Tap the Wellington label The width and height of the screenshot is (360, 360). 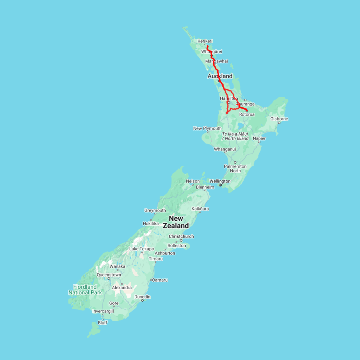pos(220,181)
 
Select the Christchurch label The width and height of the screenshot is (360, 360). pos(181,236)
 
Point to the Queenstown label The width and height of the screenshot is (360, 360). pos(108,275)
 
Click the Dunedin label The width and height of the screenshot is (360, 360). pos(142,297)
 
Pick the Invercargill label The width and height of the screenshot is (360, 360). pos(103,311)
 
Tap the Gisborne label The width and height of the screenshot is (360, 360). pos(279,119)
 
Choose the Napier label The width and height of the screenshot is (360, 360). pos(259,138)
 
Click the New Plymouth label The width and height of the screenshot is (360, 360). pos(207,128)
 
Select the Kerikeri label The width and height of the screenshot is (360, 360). pos(205,41)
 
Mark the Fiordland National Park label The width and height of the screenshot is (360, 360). pos(85,290)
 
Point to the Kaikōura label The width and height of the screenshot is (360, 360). pos(200,209)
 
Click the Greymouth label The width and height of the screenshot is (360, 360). pos(155,210)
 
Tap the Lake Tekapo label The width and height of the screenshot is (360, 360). pos(141,249)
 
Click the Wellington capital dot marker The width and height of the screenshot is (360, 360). pos(220,185)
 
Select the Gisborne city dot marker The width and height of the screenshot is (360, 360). pos(279,122)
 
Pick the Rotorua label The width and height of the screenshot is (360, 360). pos(247,115)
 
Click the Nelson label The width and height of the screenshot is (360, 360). pos(193,181)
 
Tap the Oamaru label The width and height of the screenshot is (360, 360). pos(160,280)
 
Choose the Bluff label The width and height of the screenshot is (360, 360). pos(103,322)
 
